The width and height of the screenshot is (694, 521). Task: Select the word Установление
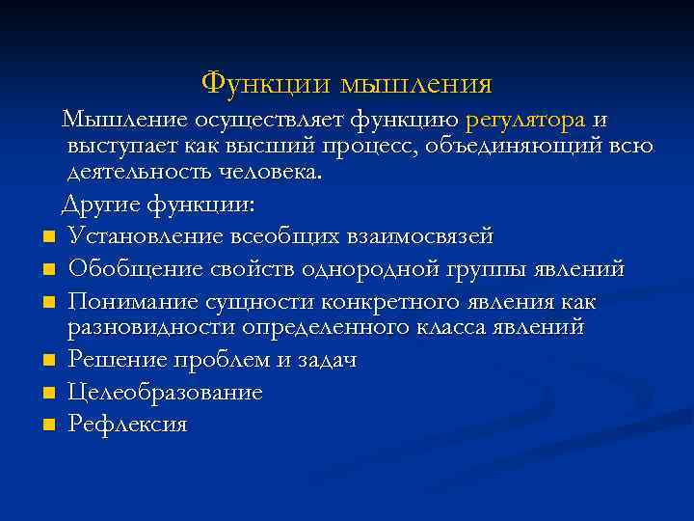coord(147,236)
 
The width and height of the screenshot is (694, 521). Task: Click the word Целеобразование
coord(165,393)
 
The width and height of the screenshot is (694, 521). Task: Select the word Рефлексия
coord(127,424)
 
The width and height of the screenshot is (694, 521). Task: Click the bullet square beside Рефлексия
coord(46,425)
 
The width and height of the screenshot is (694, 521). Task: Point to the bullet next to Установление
coord(46,237)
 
